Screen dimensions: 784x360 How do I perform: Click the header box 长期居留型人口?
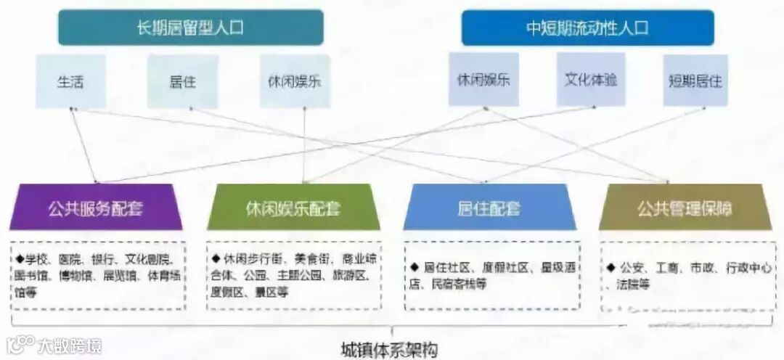pos(190,28)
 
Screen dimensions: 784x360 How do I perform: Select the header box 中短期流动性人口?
pos(587,28)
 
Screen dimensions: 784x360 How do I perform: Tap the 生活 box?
pos(70,81)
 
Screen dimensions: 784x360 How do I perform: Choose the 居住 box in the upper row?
pos(182,81)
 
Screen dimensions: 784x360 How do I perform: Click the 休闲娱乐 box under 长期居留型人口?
pos(295,81)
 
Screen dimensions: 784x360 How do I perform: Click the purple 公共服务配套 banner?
pos(96,209)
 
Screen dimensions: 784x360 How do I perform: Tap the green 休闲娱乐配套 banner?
pos(293,209)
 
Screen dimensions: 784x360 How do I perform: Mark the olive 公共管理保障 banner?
pos(685,209)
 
